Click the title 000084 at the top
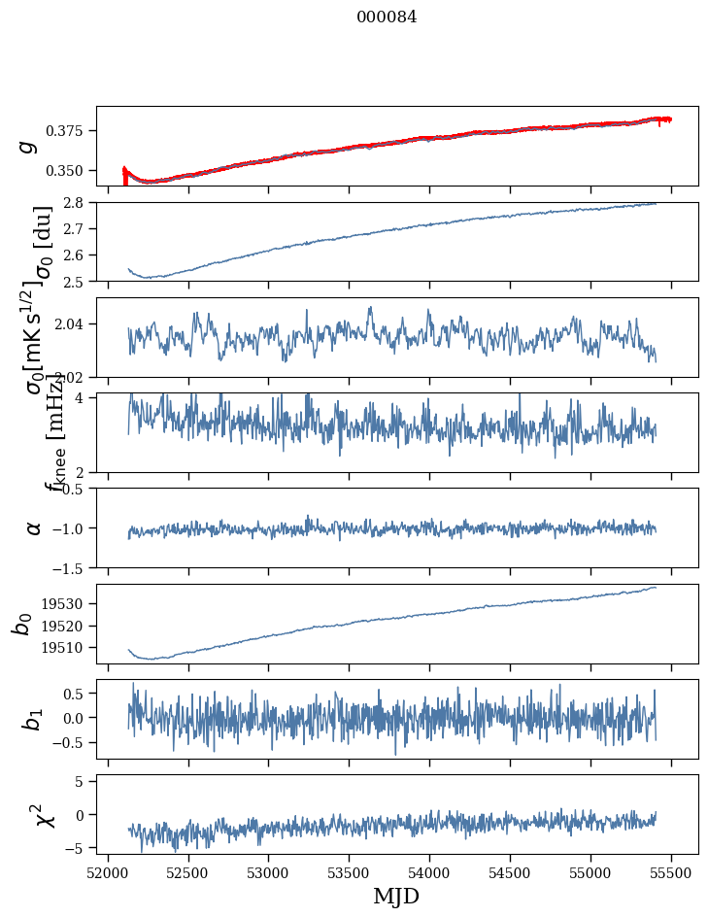387,17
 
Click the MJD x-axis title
396,896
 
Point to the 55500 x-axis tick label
672,870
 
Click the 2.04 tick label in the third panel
75,323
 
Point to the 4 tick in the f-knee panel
84,398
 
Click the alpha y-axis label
34,527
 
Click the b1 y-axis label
34,719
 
